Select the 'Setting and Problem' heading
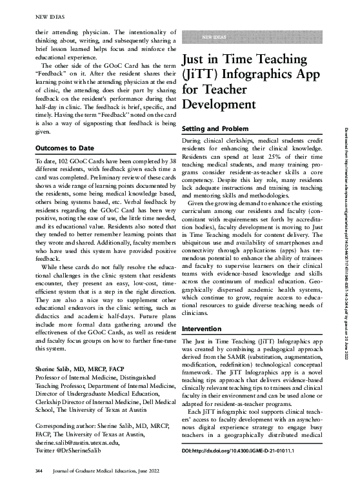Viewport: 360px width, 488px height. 217,129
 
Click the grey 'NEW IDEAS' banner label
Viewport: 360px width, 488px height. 215,38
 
